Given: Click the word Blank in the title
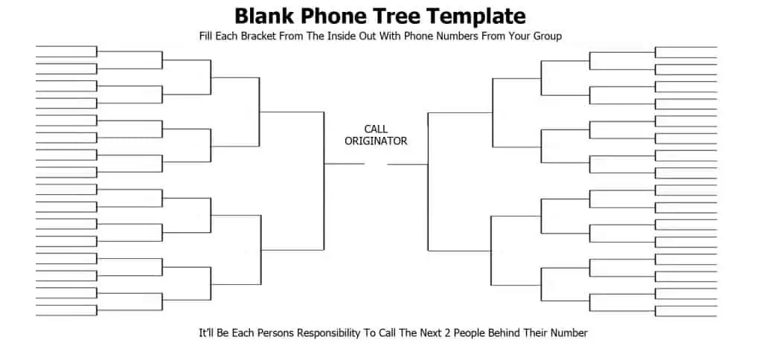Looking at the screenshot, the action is pyautogui.click(x=264, y=16).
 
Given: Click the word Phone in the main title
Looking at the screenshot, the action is pyautogui.click(x=333, y=16).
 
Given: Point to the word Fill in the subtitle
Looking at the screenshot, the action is pyautogui.click(x=206, y=36).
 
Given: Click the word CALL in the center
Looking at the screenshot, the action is pyautogui.click(x=376, y=129).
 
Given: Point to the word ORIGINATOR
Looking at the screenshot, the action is pyautogui.click(x=376, y=141).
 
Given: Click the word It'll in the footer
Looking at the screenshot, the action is pyautogui.click(x=207, y=332).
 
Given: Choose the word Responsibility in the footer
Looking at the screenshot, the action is pyautogui.click(x=329, y=334).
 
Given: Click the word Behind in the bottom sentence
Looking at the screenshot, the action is pyautogui.click(x=504, y=332).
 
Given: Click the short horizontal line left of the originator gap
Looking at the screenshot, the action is pyautogui.click(x=344, y=164).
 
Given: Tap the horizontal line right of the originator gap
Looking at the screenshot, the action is pyautogui.click(x=408, y=164).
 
